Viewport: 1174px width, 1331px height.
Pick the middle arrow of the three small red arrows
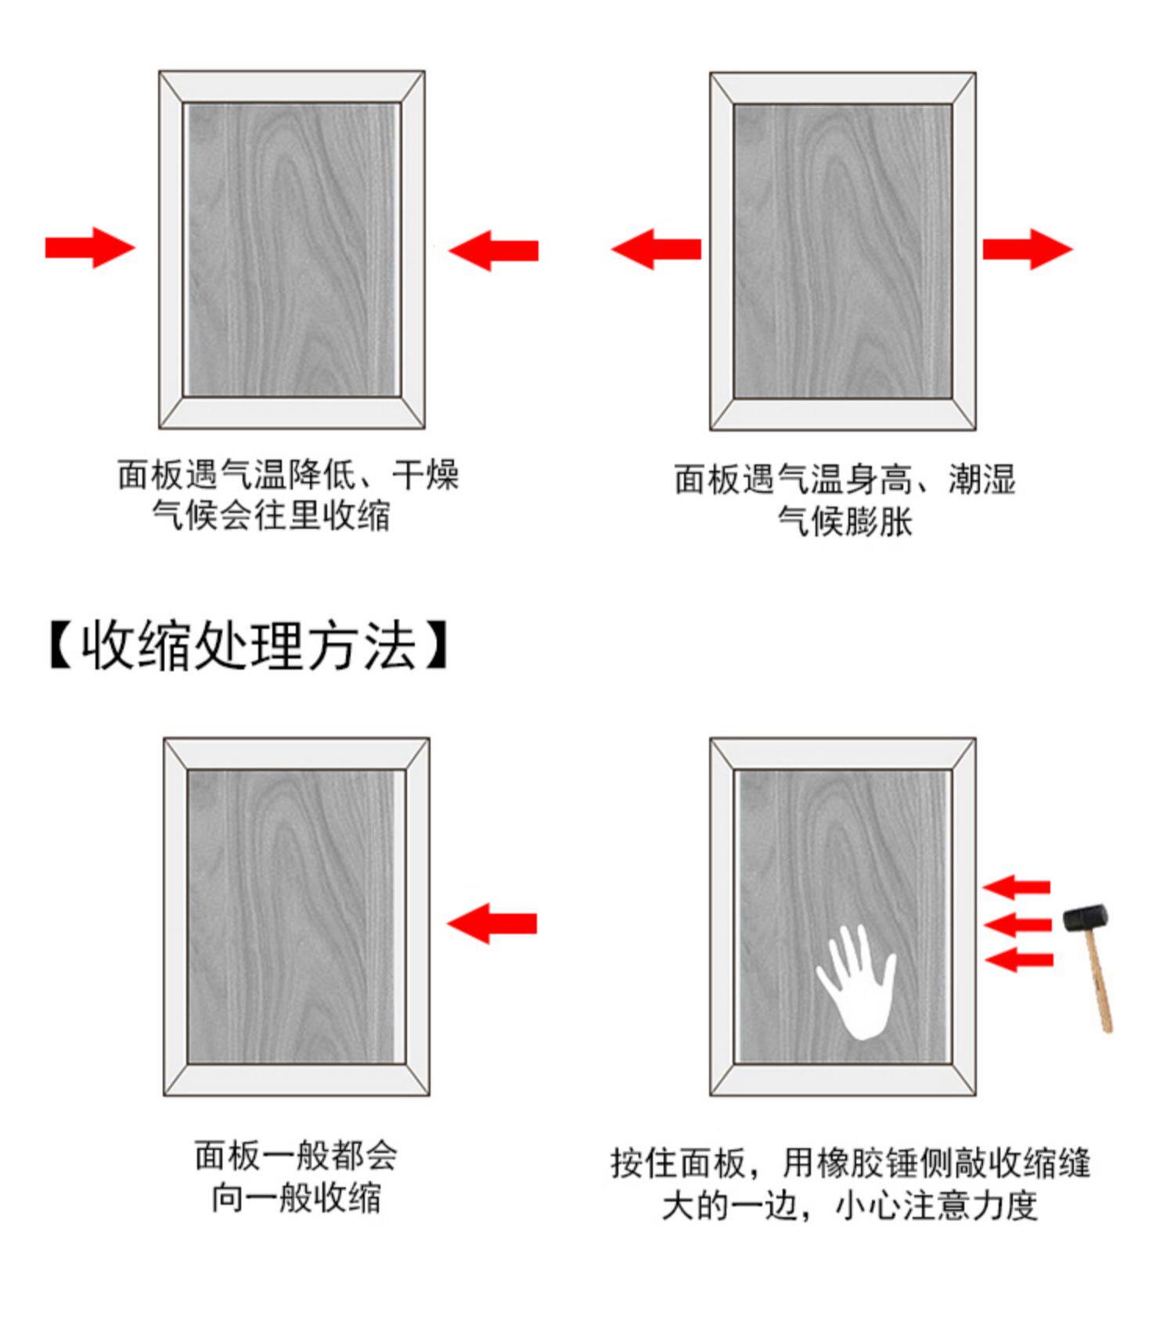click(x=1017, y=925)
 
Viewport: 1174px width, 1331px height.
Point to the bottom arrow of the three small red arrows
click(x=1018, y=959)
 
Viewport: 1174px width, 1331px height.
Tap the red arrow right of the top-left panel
click(x=493, y=250)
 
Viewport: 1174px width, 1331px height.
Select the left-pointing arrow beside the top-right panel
click(x=656, y=249)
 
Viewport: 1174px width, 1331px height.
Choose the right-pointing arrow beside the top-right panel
click(x=1027, y=249)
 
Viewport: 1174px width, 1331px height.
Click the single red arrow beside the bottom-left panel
click(x=492, y=923)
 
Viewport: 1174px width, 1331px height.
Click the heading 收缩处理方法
click(x=249, y=646)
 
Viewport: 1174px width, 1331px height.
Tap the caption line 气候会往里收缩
click(x=271, y=516)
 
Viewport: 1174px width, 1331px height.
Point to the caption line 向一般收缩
click(x=296, y=1198)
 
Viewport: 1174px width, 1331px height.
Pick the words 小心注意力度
click(x=936, y=1206)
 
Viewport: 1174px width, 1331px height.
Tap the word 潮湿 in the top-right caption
click(x=982, y=479)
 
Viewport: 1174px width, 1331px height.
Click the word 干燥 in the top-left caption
click(x=425, y=475)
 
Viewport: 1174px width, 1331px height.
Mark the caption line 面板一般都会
click(x=296, y=1156)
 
